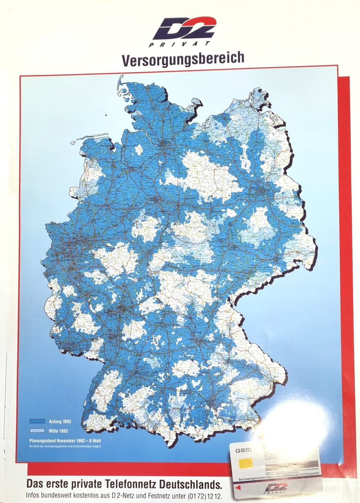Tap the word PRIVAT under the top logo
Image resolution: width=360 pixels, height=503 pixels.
tap(180, 45)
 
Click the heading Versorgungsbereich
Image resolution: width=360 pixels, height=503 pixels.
tap(183, 59)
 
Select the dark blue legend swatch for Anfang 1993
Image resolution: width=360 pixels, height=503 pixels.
tap(37, 421)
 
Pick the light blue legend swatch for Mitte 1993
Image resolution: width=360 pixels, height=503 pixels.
tap(37, 431)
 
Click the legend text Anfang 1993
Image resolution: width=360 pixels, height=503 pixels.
tap(60, 421)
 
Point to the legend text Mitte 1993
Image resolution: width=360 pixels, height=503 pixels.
tap(58, 431)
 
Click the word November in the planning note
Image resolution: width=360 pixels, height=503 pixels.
tap(67, 440)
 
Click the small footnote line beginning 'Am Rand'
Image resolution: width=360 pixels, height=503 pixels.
tap(65, 446)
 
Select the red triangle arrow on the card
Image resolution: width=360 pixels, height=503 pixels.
tap(238, 488)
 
